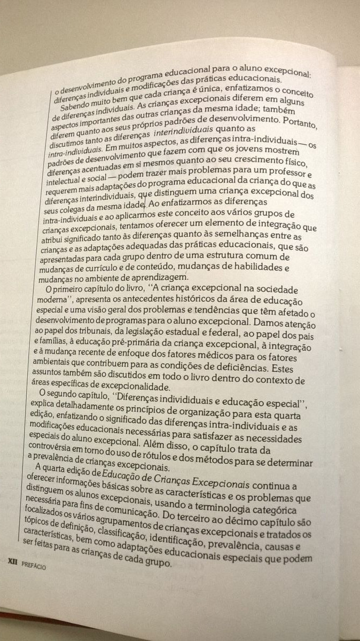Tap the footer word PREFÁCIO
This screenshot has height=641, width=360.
(34, 563)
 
